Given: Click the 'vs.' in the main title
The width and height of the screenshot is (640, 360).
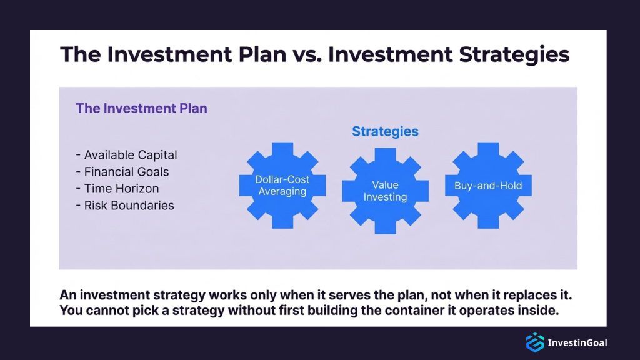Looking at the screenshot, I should (x=305, y=54).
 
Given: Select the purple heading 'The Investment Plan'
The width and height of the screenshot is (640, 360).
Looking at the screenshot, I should (x=141, y=108).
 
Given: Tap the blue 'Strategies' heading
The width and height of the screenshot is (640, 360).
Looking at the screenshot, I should (x=385, y=132).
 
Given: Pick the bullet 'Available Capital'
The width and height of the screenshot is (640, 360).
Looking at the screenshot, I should (x=126, y=155).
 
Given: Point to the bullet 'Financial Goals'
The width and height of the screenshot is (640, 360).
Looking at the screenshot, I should (x=122, y=172).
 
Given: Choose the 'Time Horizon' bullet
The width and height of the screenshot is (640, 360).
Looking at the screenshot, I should (x=117, y=189).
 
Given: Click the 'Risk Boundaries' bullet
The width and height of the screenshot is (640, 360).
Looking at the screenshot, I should (x=124, y=206).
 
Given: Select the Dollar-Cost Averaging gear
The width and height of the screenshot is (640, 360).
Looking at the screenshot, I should (x=282, y=185).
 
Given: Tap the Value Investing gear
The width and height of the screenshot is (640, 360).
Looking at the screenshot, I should (x=385, y=191).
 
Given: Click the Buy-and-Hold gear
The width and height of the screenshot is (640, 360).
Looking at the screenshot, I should (x=488, y=185).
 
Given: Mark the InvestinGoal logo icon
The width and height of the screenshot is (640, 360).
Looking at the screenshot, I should (x=534, y=342).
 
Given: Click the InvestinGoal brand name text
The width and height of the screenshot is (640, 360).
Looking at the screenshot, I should (x=577, y=342).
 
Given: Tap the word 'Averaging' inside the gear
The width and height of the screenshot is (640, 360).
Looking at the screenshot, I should (x=282, y=192).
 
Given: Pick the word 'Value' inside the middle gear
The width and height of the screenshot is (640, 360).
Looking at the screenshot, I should (x=385, y=185).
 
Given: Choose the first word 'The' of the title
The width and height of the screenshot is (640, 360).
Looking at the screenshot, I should (x=81, y=54).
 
